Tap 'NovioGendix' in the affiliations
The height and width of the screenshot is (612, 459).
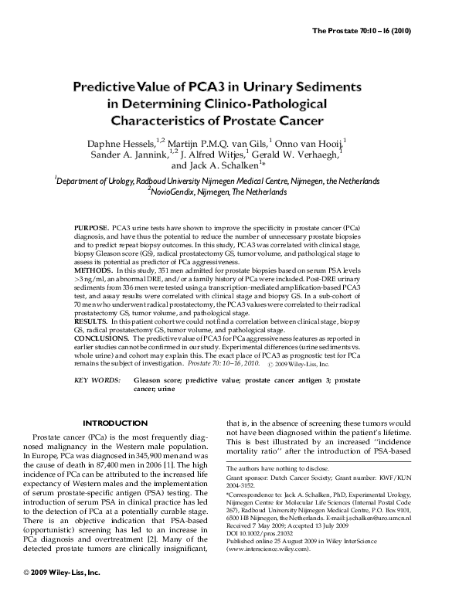pyautogui.click(x=176, y=189)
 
